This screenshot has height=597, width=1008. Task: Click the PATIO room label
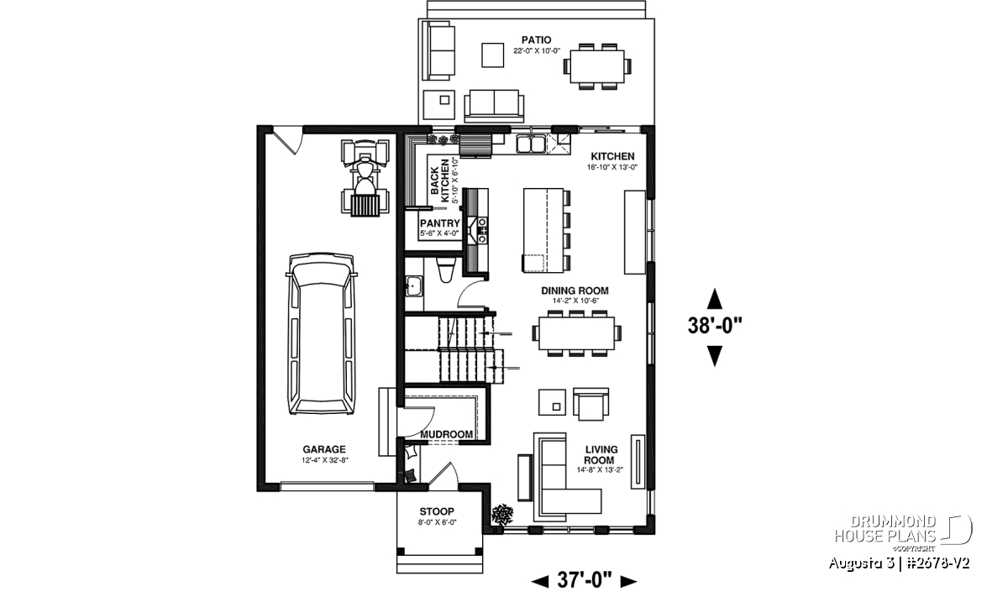pos(537,40)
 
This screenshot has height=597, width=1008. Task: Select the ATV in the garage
pos(365,178)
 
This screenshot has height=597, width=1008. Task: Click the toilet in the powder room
pos(446,270)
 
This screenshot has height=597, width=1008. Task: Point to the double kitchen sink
pos(531,144)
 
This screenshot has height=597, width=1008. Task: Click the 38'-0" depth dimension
pos(715,325)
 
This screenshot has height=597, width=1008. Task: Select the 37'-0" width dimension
pos(585,580)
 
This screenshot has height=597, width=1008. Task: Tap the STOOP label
pos(437,511)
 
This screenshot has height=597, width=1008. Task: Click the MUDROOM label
pos(446,435)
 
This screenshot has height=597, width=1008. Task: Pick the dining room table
pos(576,333)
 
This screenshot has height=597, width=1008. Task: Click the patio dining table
pos(597,66)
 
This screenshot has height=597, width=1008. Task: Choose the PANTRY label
pos(439,223)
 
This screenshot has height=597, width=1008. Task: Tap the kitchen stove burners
pos(482,231)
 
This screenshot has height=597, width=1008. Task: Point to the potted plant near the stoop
pos(502,514)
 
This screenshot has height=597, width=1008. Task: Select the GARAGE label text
pos(324,449)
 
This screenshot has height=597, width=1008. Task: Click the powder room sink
pos(413,286)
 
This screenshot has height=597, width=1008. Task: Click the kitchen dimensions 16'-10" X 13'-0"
pos(612,167)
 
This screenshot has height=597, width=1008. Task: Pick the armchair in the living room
pos(591,404)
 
